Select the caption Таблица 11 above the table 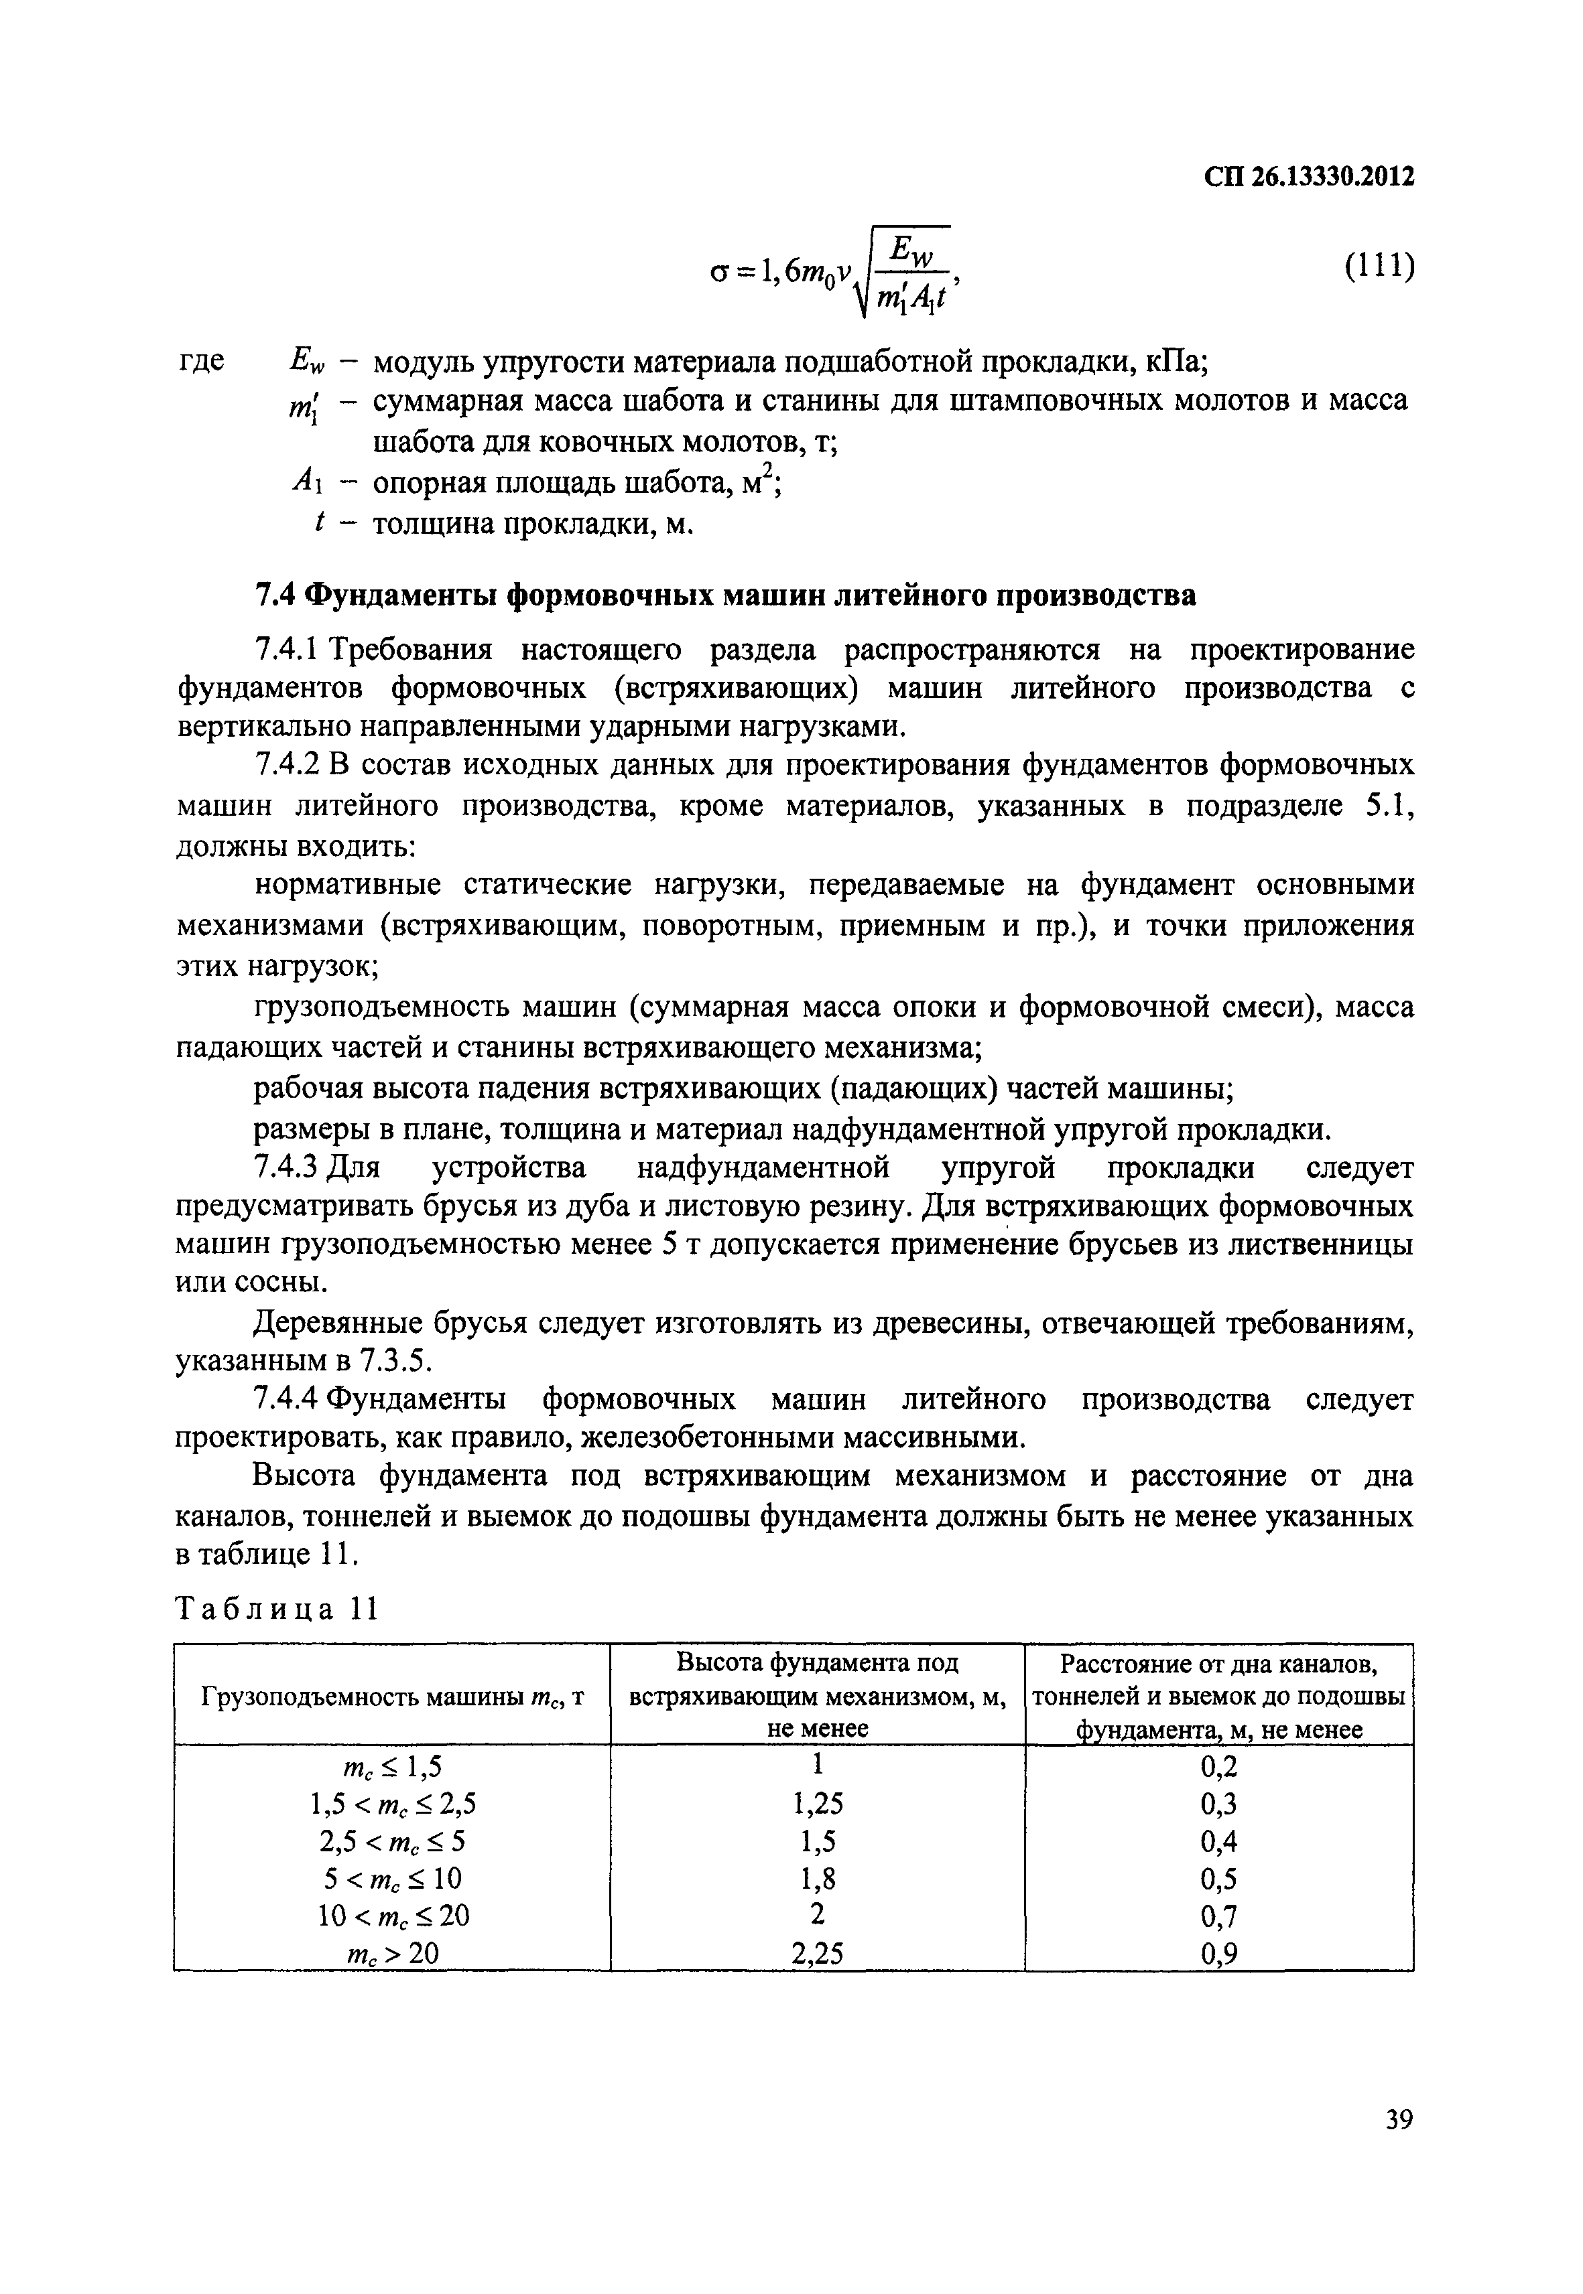point(277,1609)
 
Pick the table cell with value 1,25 point(817,1803)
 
